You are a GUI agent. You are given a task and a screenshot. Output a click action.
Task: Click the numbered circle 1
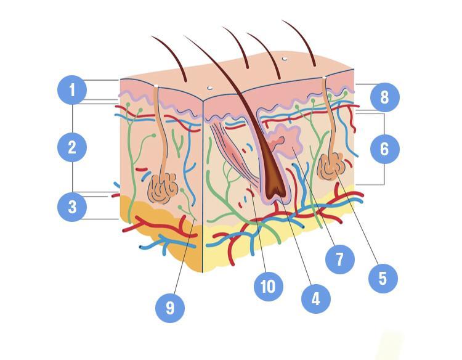72,91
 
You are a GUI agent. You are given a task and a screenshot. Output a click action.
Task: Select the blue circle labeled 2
72,147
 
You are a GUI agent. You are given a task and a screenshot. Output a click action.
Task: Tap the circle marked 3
72,207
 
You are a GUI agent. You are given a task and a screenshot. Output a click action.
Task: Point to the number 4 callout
315,299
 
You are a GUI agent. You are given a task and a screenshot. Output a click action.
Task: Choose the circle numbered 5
383,278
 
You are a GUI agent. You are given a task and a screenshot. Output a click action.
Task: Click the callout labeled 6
385,149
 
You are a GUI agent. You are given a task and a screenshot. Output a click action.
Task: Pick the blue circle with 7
339,258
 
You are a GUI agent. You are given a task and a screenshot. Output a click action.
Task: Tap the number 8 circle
385,97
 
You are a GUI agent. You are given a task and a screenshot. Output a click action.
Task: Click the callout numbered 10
267,286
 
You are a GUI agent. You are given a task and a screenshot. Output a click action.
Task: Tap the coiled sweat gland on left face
163,188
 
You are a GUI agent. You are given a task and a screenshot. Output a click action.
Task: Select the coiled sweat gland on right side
333,164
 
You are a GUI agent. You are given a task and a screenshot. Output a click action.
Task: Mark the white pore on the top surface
284,59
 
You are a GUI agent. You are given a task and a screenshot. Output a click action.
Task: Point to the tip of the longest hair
184,36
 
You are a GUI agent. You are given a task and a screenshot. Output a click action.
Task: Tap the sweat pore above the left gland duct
157,86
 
